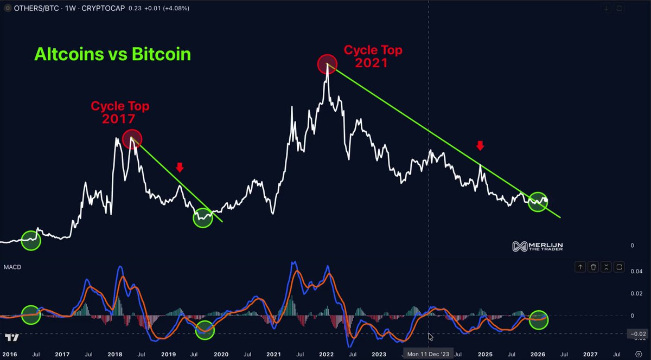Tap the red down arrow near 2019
pyautogui.click(x=180, y=168)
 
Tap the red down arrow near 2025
pyautogui.click(x=480, y=145)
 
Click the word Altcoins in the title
pyautogui.click(x=69, y=54)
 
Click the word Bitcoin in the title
pyautogui.click(x=161, y=54)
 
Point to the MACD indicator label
pyautogui.click(x=12, y=267)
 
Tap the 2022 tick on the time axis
pyautogui.click(x=326, y=354)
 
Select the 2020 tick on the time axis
pyautogui.click(x=221, y=354)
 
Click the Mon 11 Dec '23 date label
pyautogui.click(x=428, y=354)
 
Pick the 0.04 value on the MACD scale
pyautogui.click(x=636, y=272)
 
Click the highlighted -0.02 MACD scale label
pyautogui.click(x=637, y=334)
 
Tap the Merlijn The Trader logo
pyautogui.click(x=538, y=246)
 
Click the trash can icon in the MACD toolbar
pyautogui.click(x=593, y=267)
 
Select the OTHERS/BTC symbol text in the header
pyautogui.click(x=36, y=8)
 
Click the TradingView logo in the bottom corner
pyautogui.click(x=12, y=337)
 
